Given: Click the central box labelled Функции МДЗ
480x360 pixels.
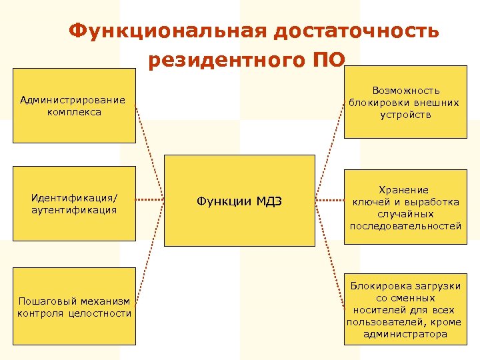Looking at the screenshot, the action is click(x=239, y=201).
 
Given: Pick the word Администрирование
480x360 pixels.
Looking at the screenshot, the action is click(x=73, y=100).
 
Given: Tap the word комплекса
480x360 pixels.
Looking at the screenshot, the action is click(x=74, y=112).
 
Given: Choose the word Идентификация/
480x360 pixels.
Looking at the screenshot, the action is click(x=74, y=197).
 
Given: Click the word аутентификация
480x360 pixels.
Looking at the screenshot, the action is click(x=74, y=209).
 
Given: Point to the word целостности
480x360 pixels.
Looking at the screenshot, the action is click(x=100, y=313).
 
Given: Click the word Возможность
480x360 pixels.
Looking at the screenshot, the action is click(x=406, y=90).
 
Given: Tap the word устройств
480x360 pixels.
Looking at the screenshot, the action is click(x=406, y=114).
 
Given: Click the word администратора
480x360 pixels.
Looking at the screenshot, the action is click(x=406, y=334).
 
